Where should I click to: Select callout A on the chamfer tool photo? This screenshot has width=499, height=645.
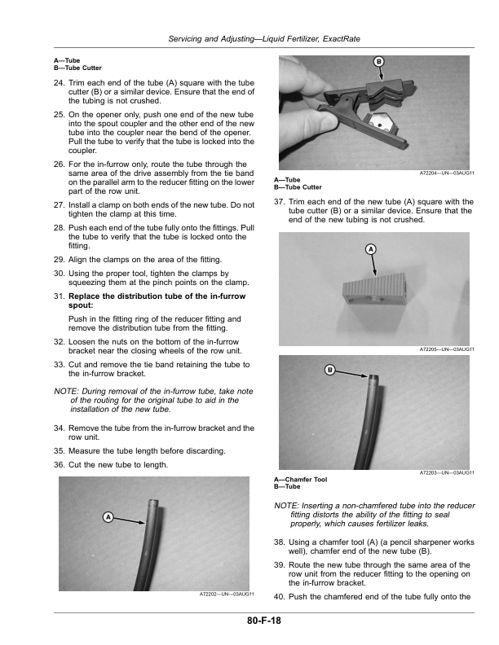click(x=370, y=248)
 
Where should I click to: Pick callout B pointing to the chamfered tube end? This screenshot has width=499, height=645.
click(x=329, y=371)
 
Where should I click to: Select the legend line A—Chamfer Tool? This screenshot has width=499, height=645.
click(x=301, y=480)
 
